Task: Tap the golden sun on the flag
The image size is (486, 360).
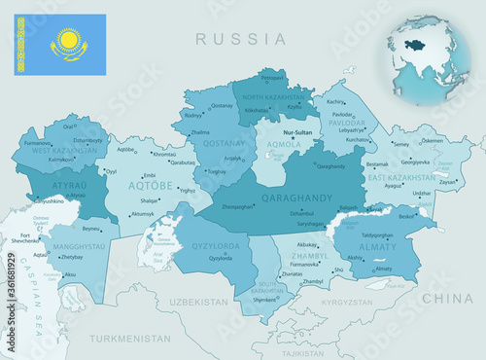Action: [x=68, y=41]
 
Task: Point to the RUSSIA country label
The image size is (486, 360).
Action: [x=240, y=40]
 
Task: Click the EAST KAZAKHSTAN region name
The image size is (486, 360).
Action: [x=400, y=178]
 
